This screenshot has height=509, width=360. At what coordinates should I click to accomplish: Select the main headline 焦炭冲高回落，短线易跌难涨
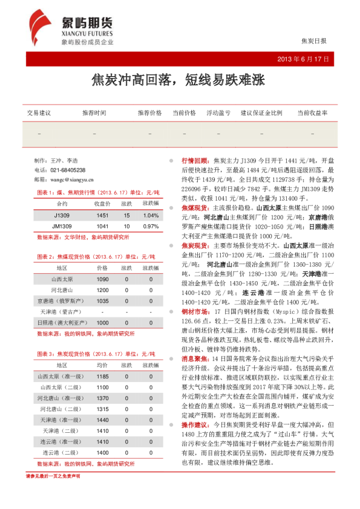click(179, 80)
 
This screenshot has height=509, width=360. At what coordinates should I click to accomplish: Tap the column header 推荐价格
click(149, 113)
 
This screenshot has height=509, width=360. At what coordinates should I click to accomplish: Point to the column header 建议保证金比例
click(261, 113)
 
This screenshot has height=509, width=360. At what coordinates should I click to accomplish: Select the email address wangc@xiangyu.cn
click(68, 180)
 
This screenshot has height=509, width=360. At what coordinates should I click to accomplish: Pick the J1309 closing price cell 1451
click(103, 215)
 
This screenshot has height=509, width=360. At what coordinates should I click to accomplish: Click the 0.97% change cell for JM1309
click(150, 226)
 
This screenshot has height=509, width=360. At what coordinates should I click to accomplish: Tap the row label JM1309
click(62, 226)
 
